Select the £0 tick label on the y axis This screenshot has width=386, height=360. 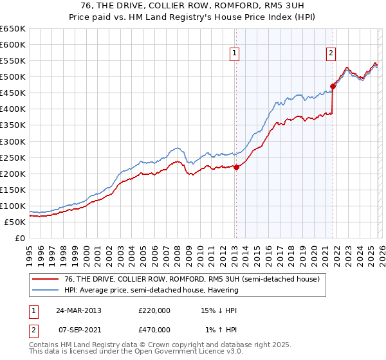(19, 238)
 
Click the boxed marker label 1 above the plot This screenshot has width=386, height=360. (235, 54)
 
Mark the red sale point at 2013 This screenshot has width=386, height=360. (236, 167)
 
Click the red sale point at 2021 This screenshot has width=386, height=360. (333, 86)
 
